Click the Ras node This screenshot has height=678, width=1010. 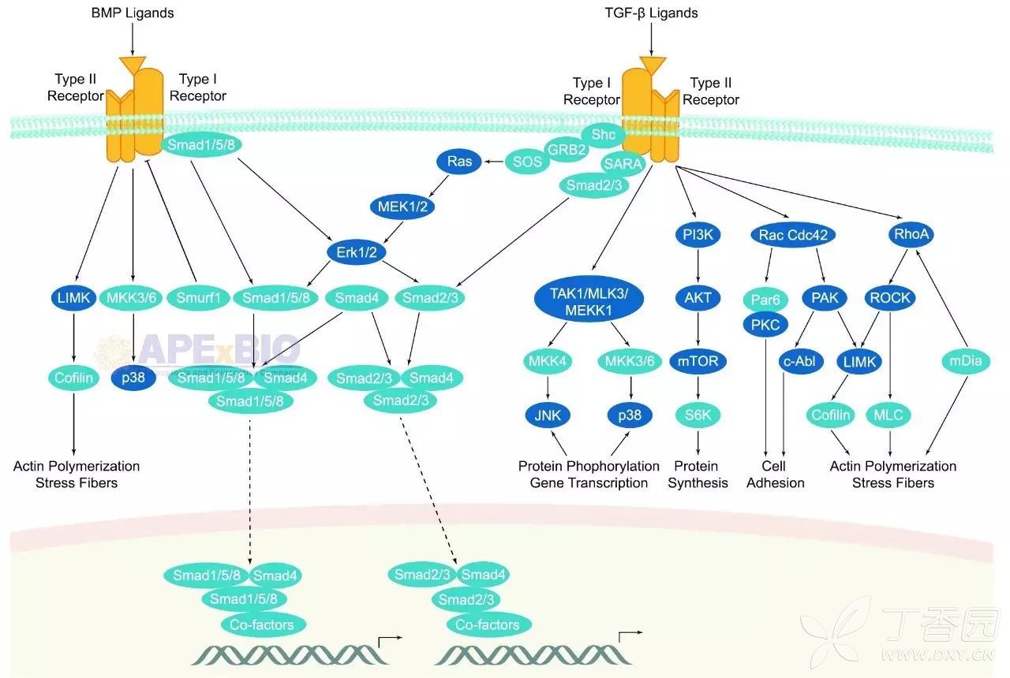click(x=459, y=162)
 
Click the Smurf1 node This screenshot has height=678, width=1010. click(x=193, y=298)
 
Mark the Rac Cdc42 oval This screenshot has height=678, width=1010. click(x=791, y=234)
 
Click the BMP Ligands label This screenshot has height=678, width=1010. click(x=132, y=13)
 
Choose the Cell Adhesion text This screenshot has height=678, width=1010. click(x=776, y=475)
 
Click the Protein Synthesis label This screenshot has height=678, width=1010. click(x=698, y=475)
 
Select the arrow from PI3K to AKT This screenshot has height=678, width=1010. click(x=698, y=265)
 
